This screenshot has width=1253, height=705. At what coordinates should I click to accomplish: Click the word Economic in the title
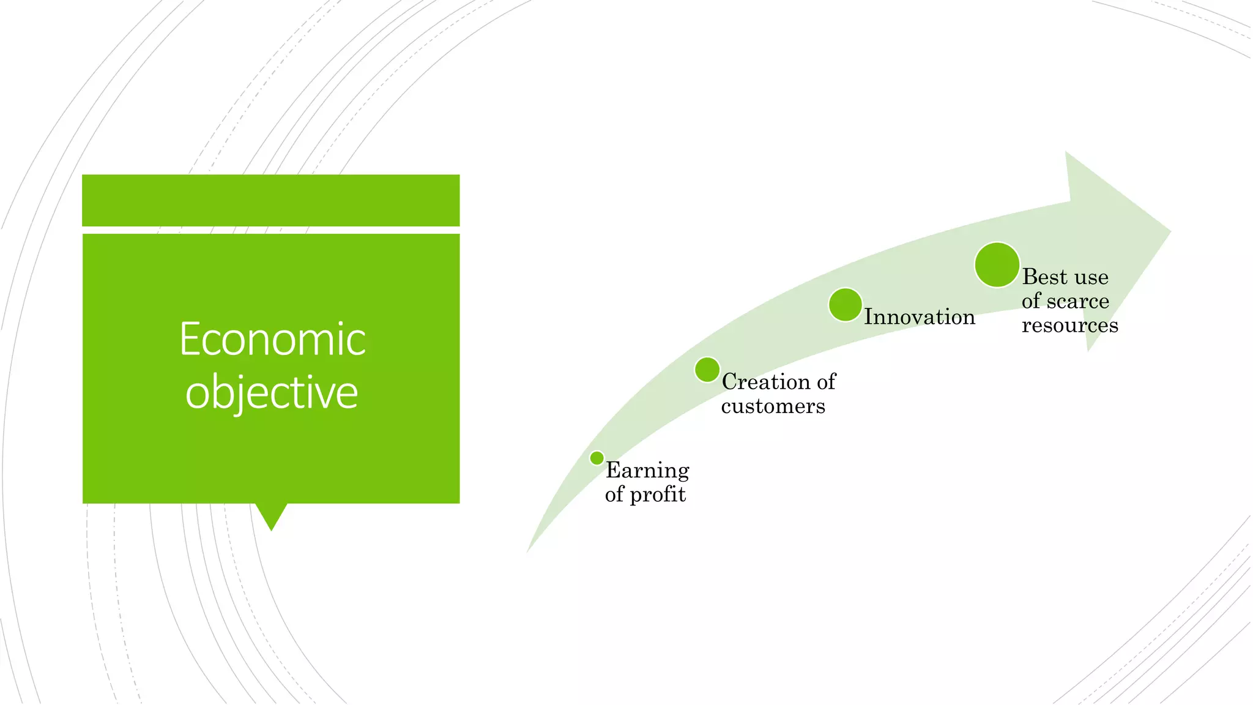(272, 340)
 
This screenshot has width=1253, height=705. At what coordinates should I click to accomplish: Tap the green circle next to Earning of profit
(597, 458)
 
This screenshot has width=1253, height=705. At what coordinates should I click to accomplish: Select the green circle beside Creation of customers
(707, 370)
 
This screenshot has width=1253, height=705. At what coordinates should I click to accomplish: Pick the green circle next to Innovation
(845, 305)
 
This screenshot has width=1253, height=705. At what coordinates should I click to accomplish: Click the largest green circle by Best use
(997, 265)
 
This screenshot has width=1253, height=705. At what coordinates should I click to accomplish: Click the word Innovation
(919, 317)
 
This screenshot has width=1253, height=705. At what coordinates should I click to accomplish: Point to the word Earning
(647, 470)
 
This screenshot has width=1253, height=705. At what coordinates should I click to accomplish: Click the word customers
(773, 406)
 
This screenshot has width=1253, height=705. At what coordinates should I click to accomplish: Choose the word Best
(1044, 277)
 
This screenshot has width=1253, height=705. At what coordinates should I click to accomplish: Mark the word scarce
(1078, 301)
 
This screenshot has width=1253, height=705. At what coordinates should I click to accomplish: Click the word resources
(1069, 326)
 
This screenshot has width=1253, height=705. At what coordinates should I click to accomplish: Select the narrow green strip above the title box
(271, 200)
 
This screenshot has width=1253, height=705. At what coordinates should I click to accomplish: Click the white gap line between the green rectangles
(271, 230)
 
